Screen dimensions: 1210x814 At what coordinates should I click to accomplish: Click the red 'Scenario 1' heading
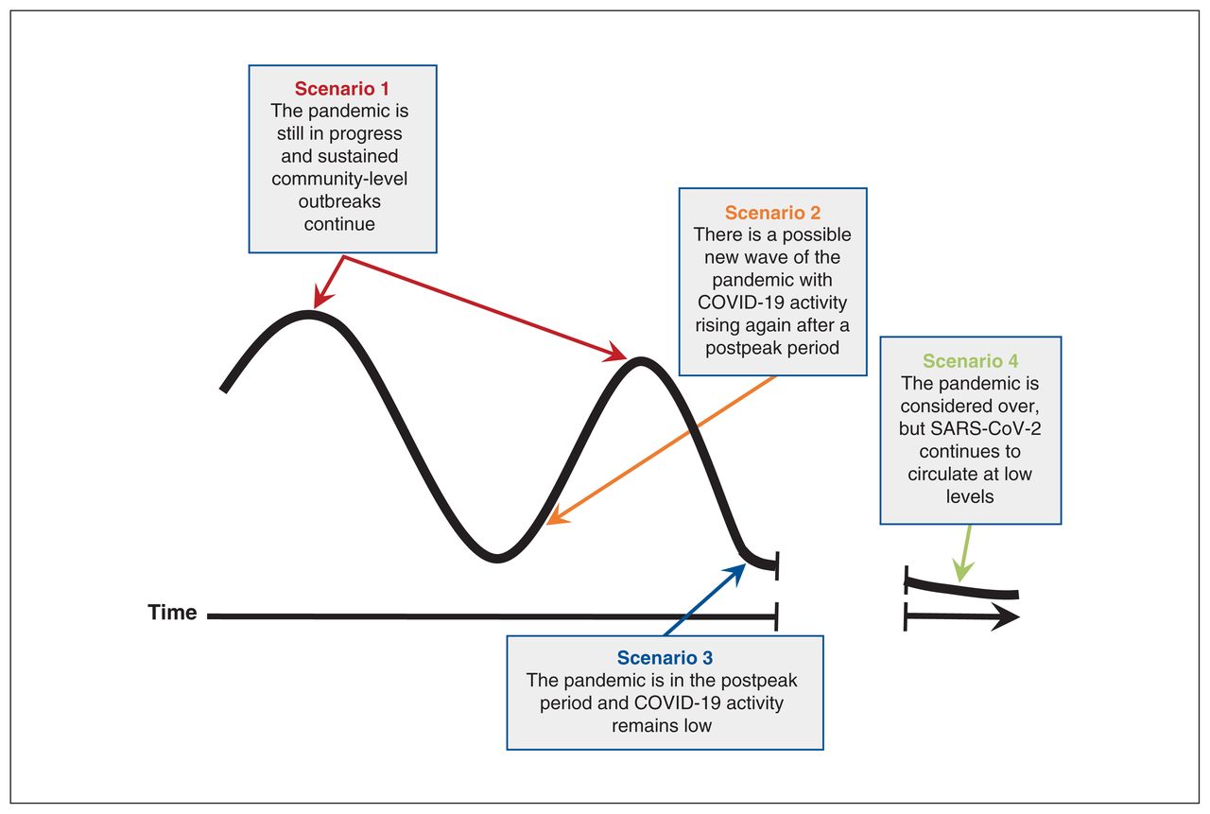pyautogui.click(x=341, y=89)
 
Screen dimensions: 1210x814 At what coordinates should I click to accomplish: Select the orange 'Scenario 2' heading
pyautogui.click(x=772, y=213)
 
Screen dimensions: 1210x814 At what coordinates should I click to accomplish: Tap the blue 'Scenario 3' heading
pyautogui.click(x=665, y=658)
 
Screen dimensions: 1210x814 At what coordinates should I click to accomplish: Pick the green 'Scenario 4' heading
pyautogui.click(x=970, y=361)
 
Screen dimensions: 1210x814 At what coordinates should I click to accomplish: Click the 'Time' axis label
pyautogui.click(x=172, y=613)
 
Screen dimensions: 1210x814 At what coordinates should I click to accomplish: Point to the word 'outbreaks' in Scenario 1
pyautogui.click(x=339, y=201)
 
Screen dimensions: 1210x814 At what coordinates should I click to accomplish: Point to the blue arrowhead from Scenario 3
pyautogui.click(x=735, y=574)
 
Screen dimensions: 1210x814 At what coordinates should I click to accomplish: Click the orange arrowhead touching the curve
pyautogui.click(x=557, y=516)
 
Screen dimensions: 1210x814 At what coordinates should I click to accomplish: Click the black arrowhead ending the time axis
pyautogui.click(x=1006, y=616)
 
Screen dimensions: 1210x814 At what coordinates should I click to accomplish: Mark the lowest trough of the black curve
pyautogui.click(x=497, y=558)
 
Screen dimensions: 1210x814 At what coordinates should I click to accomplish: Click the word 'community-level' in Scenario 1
pyautogui.click(x=339, y=179)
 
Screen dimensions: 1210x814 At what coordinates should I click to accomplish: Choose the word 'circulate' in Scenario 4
pyautogui.click(x=937, y=474)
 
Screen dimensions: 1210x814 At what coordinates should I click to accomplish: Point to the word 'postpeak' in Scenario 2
pyautogui.click(x=735, y=348)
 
